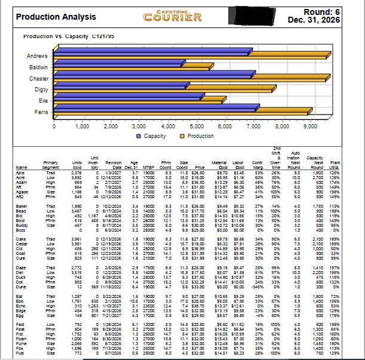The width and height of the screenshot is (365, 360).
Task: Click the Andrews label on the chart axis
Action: [38, 56]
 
